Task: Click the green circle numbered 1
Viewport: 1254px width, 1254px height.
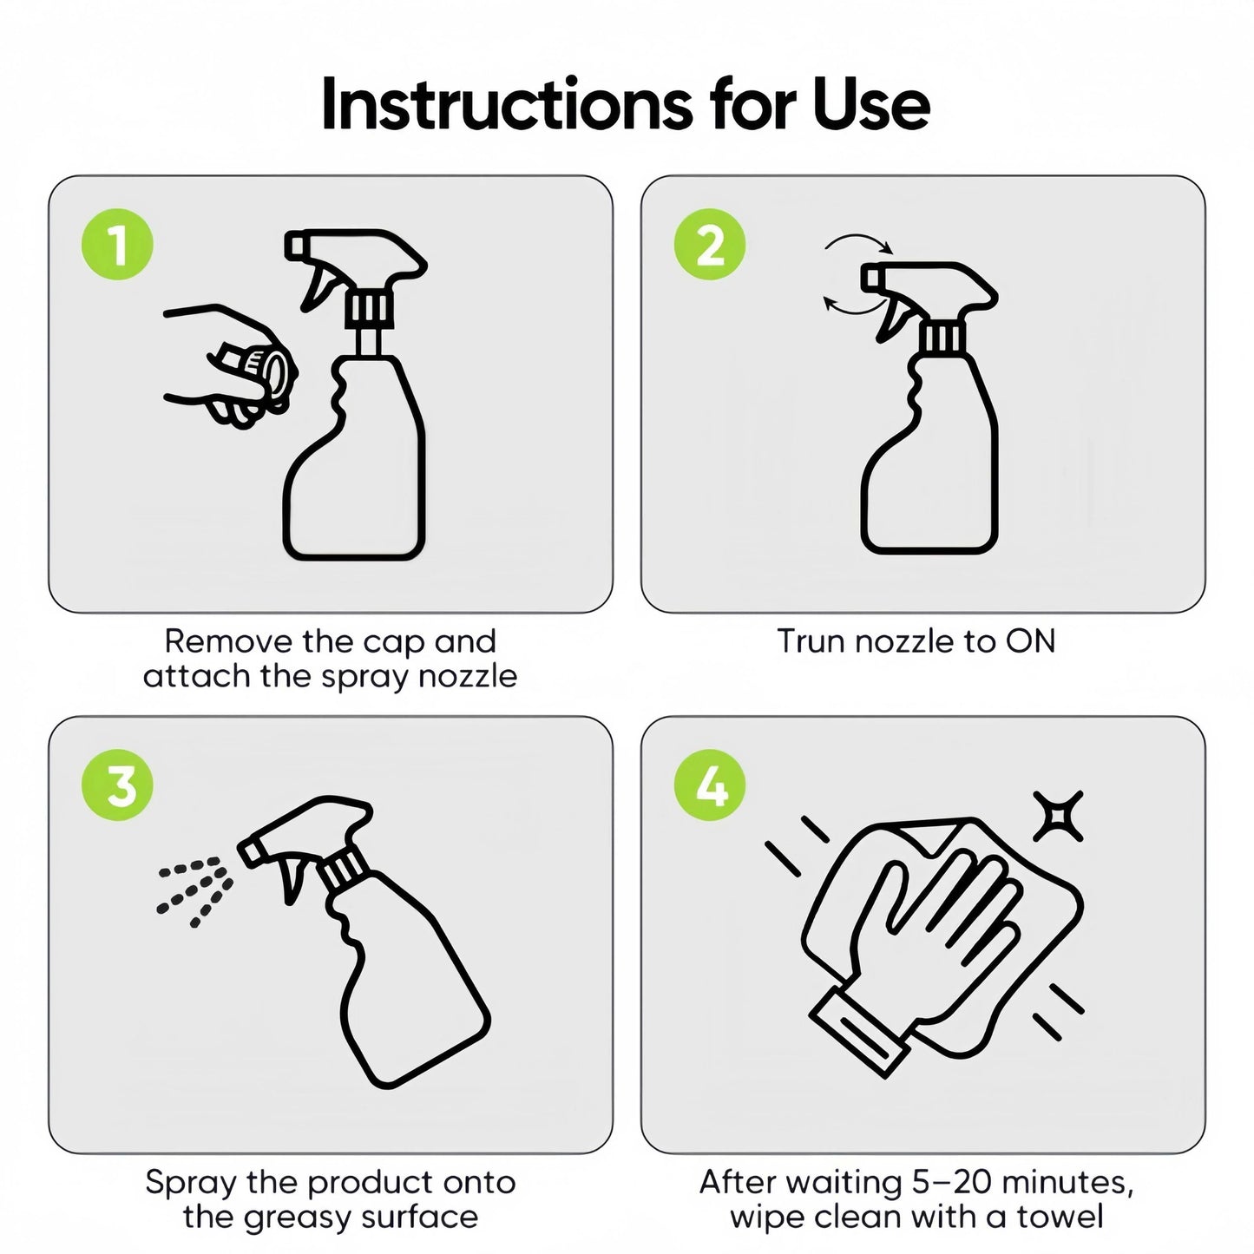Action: [117, 245]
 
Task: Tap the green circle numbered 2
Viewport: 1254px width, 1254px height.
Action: [709, 245]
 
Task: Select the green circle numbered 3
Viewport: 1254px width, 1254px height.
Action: [117, 785]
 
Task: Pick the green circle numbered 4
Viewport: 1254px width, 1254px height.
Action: [709, 785]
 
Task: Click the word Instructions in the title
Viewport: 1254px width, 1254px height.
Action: [508, 104]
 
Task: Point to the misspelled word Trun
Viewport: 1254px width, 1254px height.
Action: [813, 641]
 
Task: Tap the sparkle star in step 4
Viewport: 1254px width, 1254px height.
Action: [1059, 816]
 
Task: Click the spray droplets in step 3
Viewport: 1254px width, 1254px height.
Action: [194, 891]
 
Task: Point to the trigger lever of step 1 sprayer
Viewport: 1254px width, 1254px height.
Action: [318, 286]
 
